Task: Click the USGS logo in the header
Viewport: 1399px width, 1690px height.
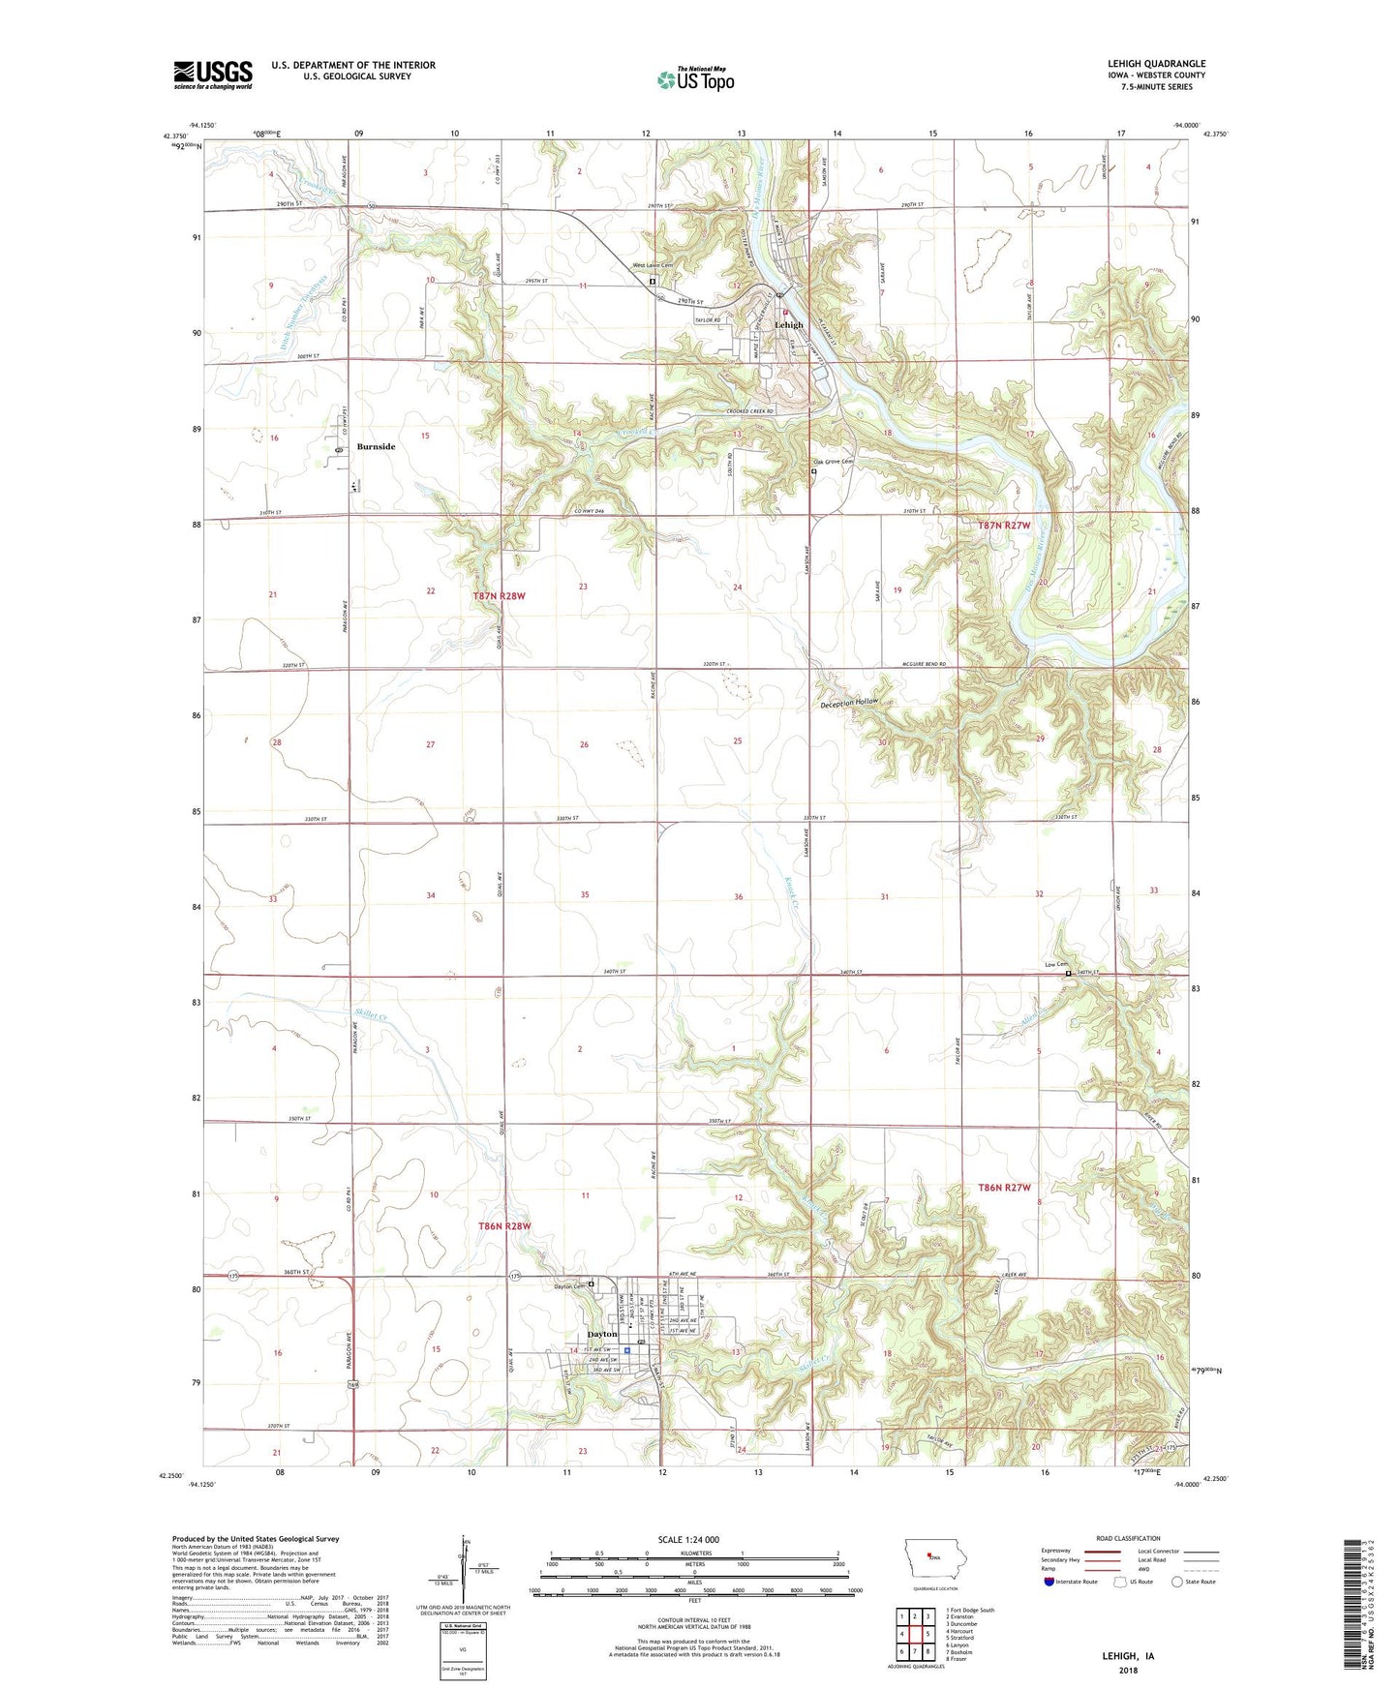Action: click(x=213, y=74)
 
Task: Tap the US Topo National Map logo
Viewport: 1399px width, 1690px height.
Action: click(x=695, y=79)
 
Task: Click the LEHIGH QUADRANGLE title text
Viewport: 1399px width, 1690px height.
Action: click(x=1156, y=64)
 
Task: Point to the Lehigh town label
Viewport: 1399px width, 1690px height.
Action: click(x=788, y=326)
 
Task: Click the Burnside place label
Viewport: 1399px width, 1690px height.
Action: click(x=376, y=447)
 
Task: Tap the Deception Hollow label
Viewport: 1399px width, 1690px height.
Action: click(x=849, y=702)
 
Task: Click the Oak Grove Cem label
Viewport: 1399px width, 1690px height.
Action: click(x=834, y=462)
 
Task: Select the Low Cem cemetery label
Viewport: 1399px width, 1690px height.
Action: click(x=1055, y=964)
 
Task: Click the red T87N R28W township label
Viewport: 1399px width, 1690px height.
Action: click(x=499, y=596)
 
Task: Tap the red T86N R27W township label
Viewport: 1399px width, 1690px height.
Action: click(x=1004, y=1187)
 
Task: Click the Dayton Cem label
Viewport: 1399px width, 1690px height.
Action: click(x=570, y=1286)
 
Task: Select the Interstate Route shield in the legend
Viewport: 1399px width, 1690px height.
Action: click(x=1050, y=1582)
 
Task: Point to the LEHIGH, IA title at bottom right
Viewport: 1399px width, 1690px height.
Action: click(x=1128, y=1656)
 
